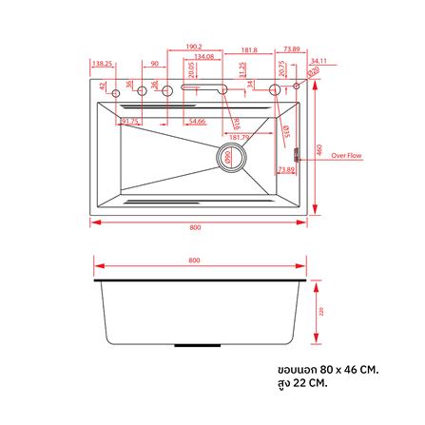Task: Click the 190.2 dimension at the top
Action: [x=194, y=47]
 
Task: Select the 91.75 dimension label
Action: [x=129, y=122]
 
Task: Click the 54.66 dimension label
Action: [x=197, y=122]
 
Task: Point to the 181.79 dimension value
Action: [x=239, y=137]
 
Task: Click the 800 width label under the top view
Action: [x=195, y=227]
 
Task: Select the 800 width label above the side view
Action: [x=195, y=261]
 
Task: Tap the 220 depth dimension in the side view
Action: [x=320, y=311]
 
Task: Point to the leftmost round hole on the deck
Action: [x=116, y=91]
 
